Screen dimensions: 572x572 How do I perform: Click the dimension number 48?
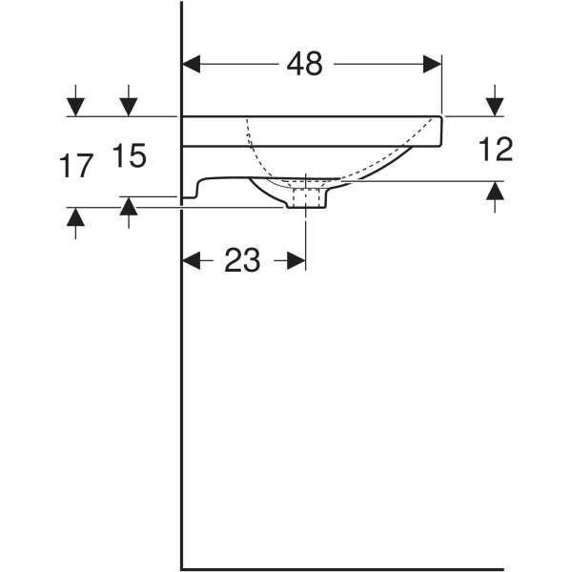[x=305, y=64]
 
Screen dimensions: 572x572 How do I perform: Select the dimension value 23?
[x=242, y=260]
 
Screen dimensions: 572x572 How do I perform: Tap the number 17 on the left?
[x=75, y=167]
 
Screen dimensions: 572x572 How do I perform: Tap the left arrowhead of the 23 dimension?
[x=192, y=260]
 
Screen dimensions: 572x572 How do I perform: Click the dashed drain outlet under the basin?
[x=305, y=194]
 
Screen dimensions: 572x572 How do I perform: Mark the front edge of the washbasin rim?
[x=441, y=132]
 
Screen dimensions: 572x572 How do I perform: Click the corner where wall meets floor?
[x=182, y=568]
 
